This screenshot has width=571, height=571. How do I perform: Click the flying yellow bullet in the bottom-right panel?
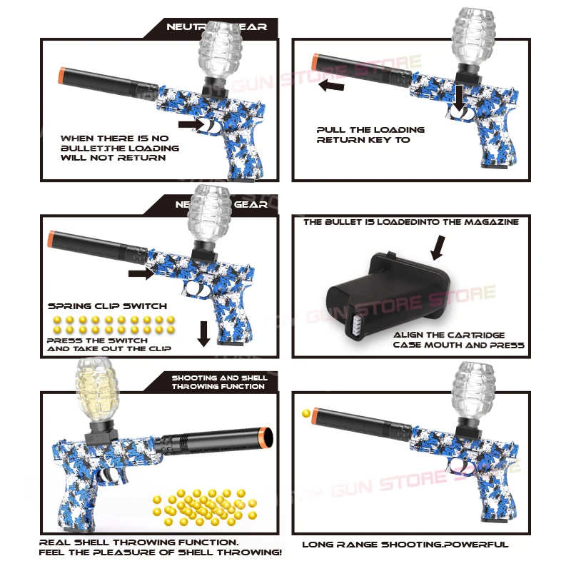click(306, 413)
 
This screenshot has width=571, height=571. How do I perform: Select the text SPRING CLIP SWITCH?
click(107, 305)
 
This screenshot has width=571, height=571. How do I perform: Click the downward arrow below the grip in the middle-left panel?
click(203, 333)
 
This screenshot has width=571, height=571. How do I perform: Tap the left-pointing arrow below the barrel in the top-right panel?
click(332, 86)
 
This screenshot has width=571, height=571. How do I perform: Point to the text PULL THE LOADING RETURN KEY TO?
click(370, 135)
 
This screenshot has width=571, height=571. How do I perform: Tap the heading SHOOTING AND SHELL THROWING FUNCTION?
click(219, 382)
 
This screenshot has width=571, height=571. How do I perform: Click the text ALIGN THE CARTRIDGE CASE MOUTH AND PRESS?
click(458, 340)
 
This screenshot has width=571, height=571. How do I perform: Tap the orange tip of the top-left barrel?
click(62, 76)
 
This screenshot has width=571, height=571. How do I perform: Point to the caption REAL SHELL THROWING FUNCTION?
click(139, 542)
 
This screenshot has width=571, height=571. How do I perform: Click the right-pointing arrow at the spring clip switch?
click(140, 273)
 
